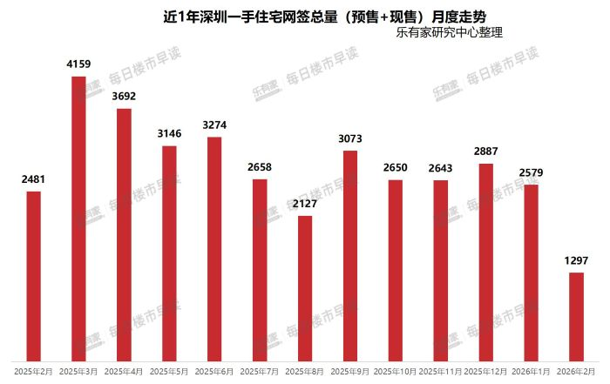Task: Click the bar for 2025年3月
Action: [x=78, y=218]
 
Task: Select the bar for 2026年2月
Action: [x=577, y=316]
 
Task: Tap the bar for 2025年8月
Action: [x=305, y=287]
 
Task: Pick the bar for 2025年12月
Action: [x=486, y=261]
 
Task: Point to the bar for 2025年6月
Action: [x=214, y=248]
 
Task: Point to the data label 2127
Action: [x=305, y=204]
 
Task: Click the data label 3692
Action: [x=124, y=97]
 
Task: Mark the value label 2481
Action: [x=33, y=179]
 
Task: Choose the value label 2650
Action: [x=396, y=168]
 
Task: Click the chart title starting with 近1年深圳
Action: [x=305, y=15]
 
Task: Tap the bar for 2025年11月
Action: [x=441, y=270]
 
